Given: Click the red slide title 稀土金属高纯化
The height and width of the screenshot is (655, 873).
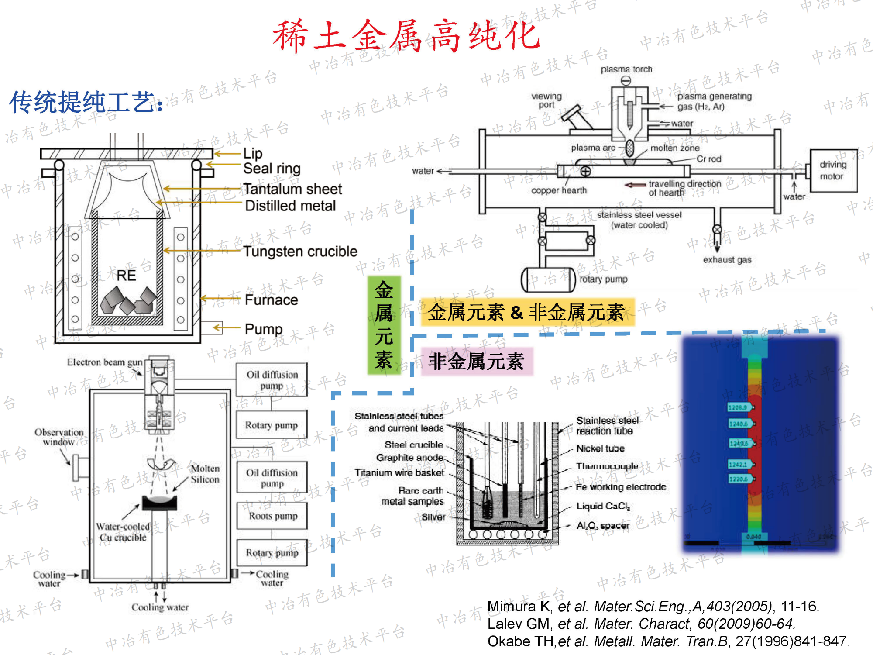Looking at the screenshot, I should [x=406, y=36].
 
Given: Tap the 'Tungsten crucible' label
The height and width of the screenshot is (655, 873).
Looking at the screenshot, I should [x=300, y=252].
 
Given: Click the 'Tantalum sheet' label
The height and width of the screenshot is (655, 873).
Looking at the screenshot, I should [x=292, y=189].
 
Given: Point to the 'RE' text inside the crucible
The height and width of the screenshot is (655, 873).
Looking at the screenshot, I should [x=126, y=276].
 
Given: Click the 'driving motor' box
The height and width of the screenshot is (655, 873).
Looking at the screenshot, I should [x=833, y=171].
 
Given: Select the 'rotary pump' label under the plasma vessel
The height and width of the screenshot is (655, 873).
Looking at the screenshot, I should [x=603, y=279].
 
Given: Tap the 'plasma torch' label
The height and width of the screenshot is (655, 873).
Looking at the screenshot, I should [x=626, y=69].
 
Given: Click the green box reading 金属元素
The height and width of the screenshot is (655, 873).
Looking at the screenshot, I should [x=384, y=325].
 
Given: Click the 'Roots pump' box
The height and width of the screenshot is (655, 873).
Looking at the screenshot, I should [x=272, y=516].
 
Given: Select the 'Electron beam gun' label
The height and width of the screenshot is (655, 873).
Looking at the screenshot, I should [x=105, y=362].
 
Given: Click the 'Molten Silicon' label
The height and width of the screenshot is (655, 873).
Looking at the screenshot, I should [x=205, y=474].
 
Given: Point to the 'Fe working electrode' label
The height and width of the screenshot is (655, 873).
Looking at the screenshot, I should [x=621, y=487].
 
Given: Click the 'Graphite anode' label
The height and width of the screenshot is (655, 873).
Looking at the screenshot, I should [x=410, y=458].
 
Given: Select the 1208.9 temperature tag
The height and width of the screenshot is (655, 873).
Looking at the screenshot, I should [x=738, y=407].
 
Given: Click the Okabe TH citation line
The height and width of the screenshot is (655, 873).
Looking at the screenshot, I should [x=668, y=641].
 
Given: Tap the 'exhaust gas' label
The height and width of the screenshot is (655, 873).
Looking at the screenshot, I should [x=727, y=260].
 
